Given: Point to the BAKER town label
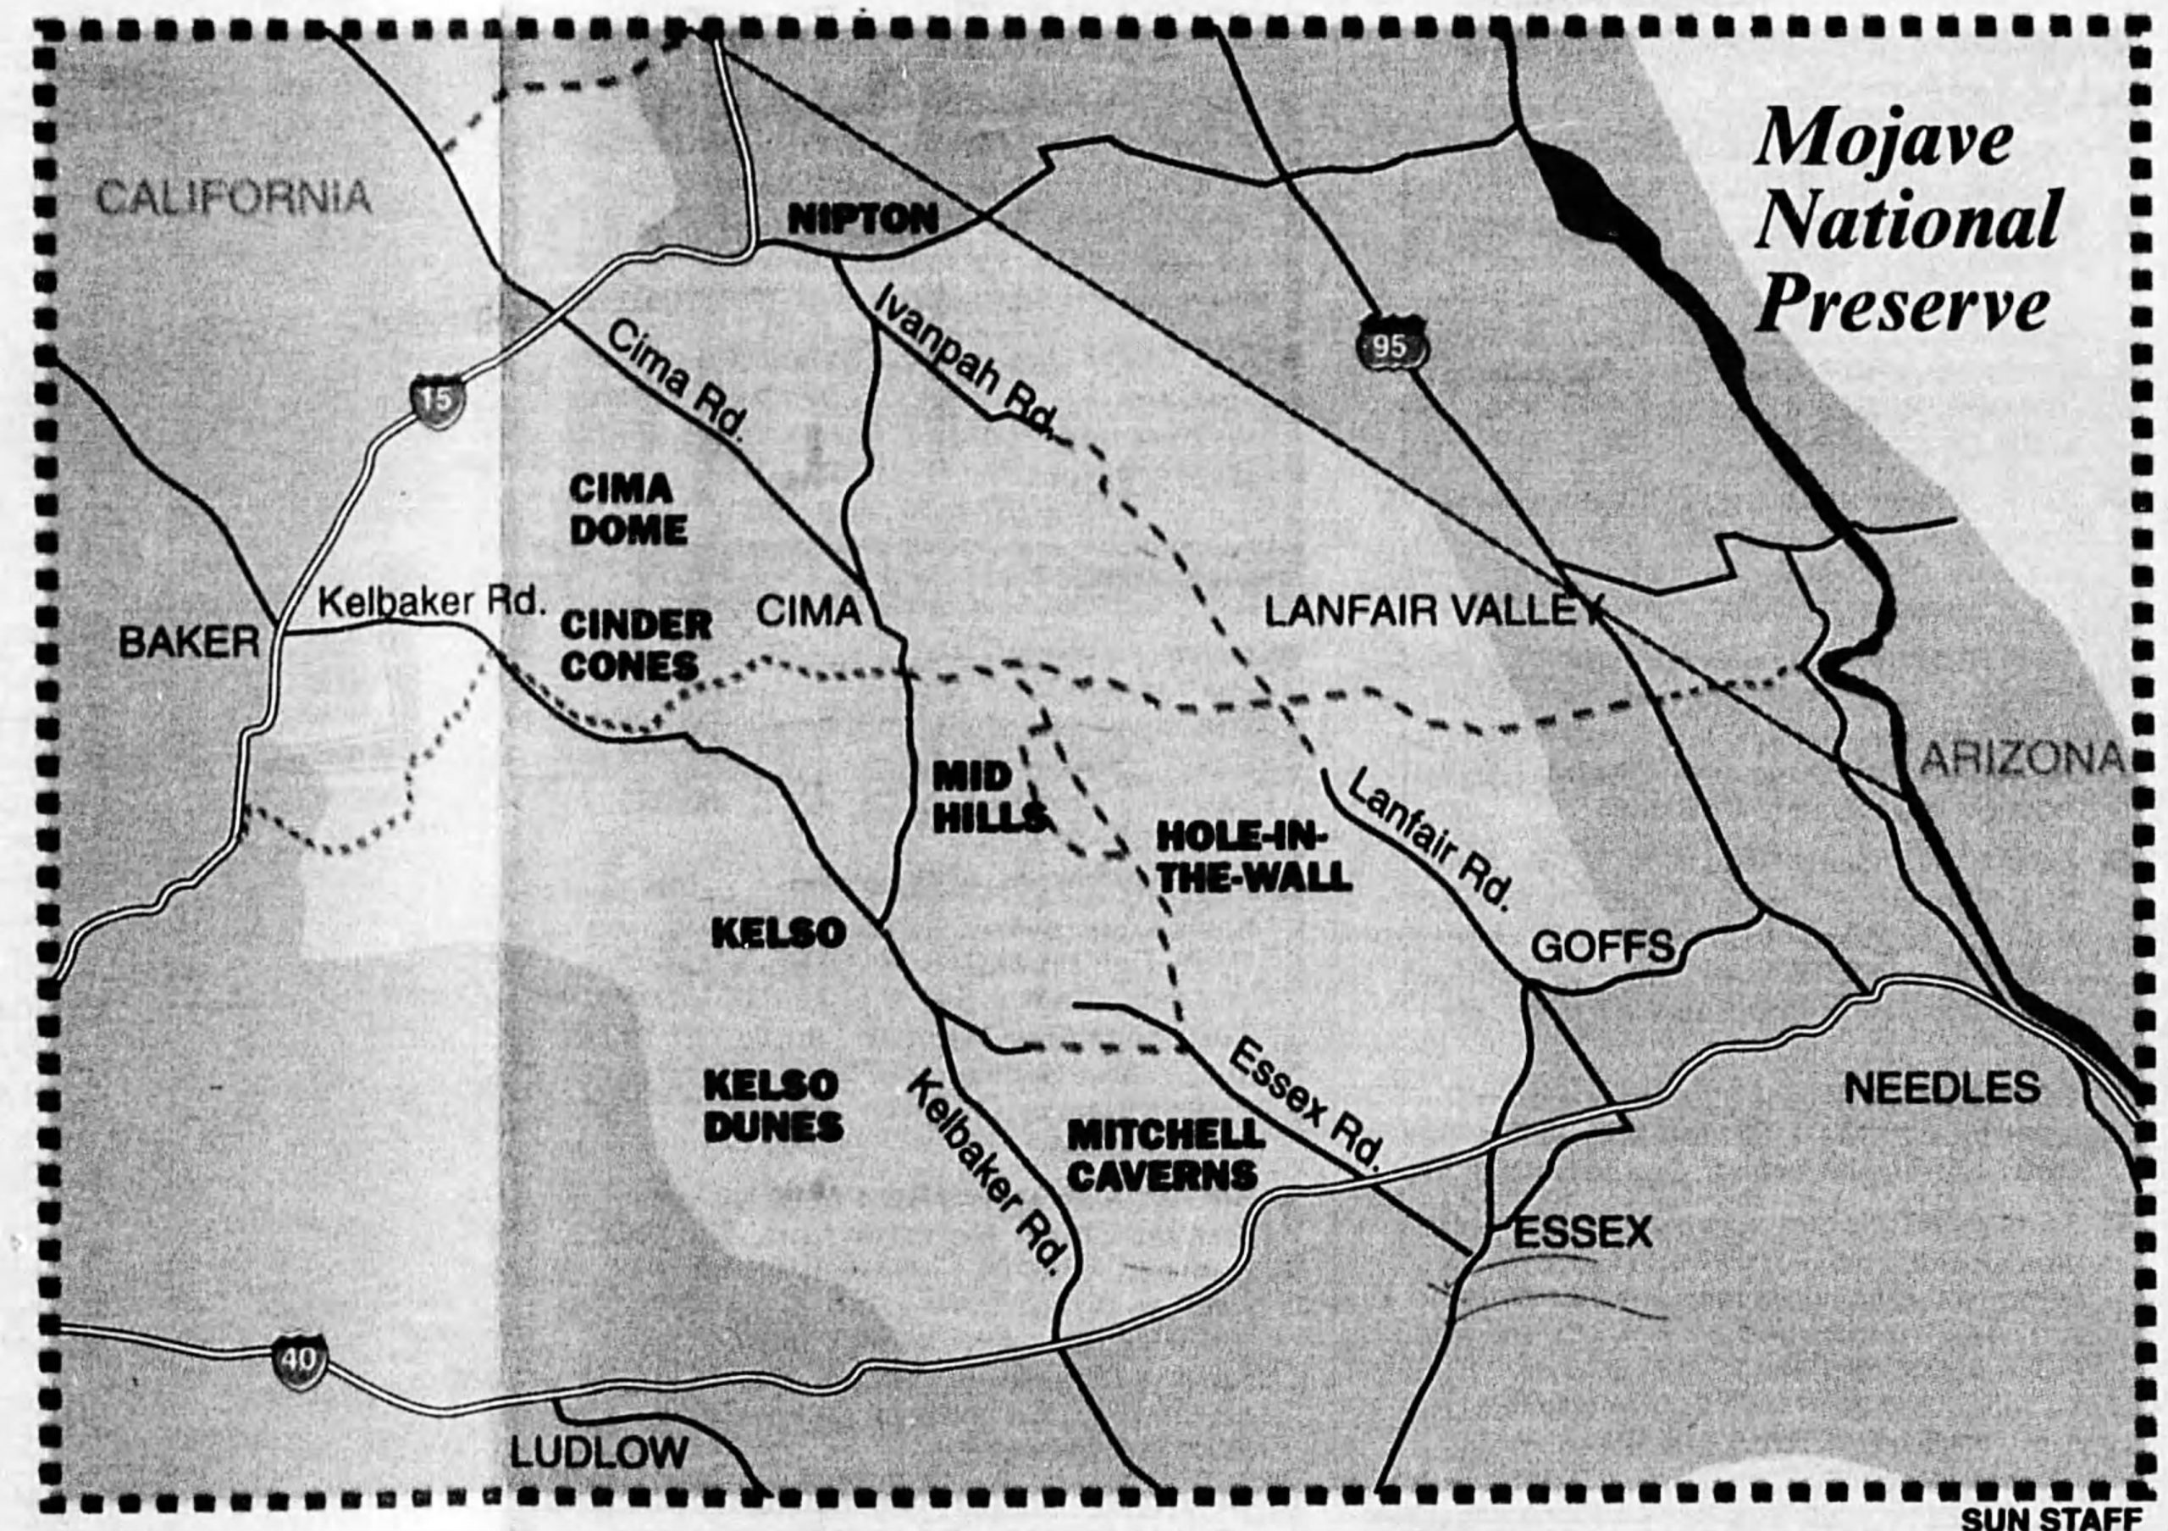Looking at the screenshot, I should [189, 644].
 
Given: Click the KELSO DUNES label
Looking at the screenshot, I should [773, 1106].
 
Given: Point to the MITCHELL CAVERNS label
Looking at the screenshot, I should [1165, 1155].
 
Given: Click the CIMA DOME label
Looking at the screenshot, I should [628, 509].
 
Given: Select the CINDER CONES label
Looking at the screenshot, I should [636, 645].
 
